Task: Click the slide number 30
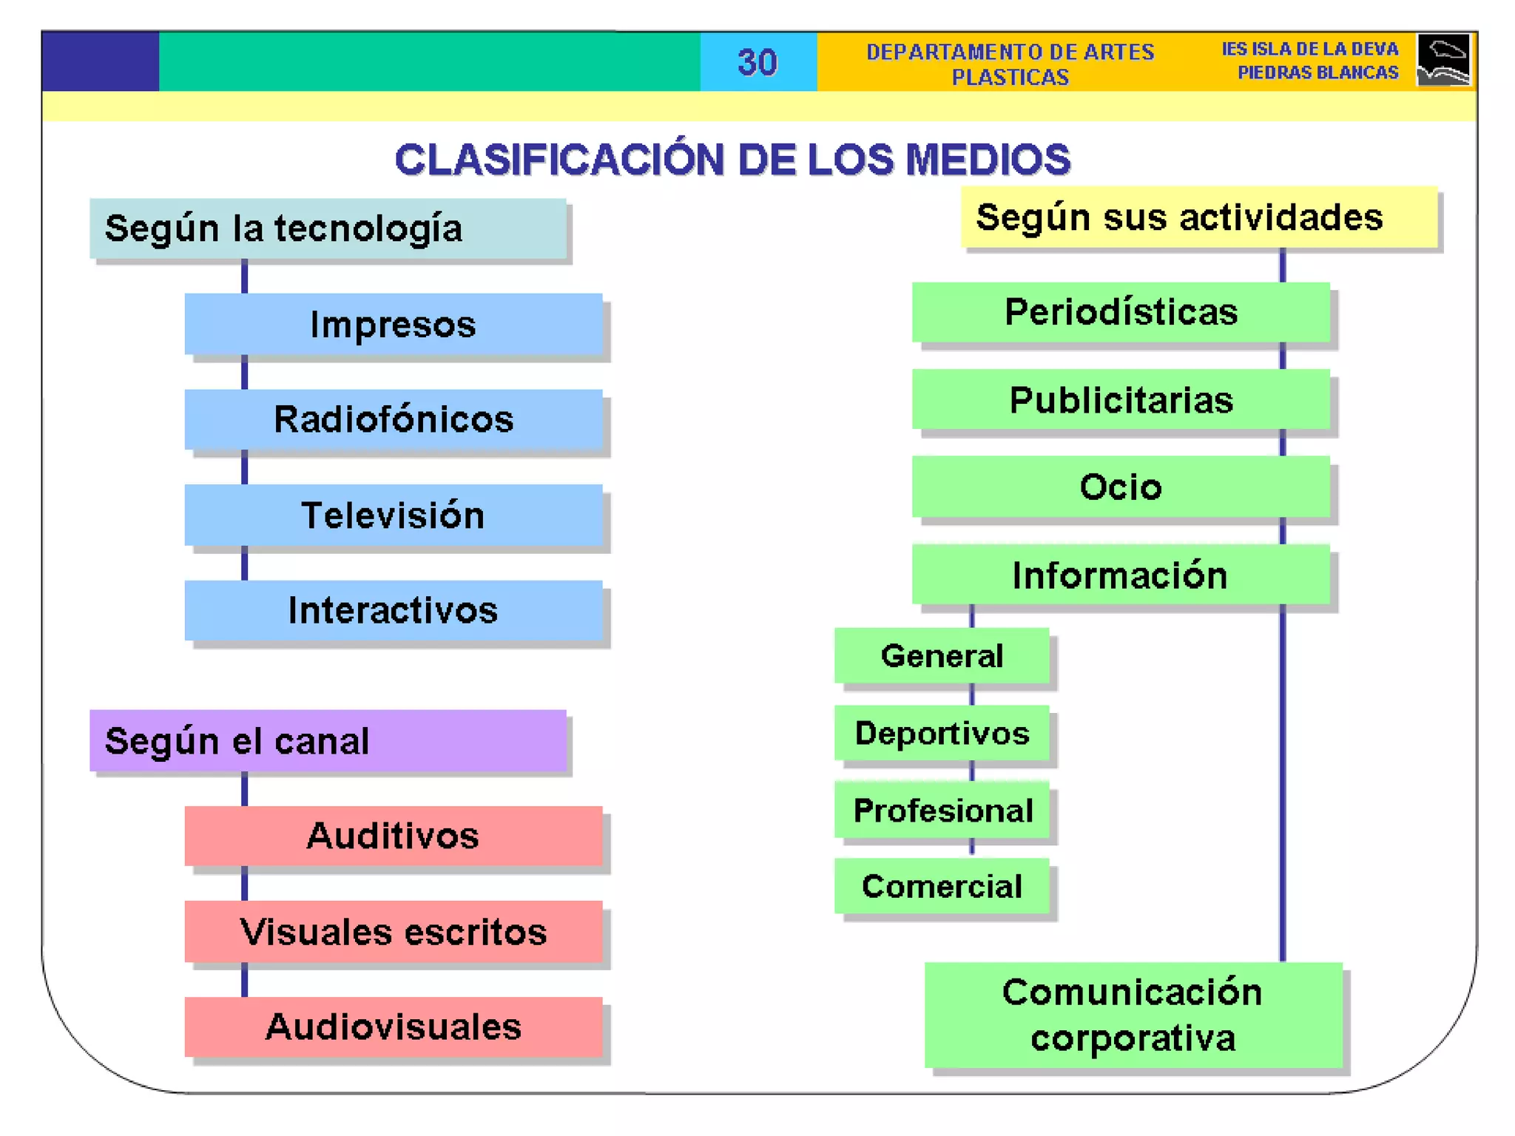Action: point(757,62)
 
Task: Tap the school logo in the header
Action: point(1443,60)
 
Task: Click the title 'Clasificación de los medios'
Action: point(732,159)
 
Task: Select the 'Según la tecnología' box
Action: point(328,229)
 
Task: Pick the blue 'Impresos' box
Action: point(393,324)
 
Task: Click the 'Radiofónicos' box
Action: point(393,419)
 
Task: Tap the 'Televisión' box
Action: point(393,515)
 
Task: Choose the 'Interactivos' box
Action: point(393,610)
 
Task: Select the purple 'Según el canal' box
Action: point(328,740)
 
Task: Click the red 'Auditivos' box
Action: point(393,836)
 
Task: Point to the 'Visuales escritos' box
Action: point(393,931)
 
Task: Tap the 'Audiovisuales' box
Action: point(393,1027)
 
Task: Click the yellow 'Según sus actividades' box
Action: point(1198,217)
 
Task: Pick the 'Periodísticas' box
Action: point(1121,312)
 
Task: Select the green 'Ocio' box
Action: point(1121,487)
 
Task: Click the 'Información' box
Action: point(1121,575)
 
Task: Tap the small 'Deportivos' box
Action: point(942,733)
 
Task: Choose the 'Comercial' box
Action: point(942,886)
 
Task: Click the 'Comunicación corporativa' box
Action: point(1133,1015)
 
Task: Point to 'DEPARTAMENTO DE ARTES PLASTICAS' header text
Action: point(1010,64)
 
